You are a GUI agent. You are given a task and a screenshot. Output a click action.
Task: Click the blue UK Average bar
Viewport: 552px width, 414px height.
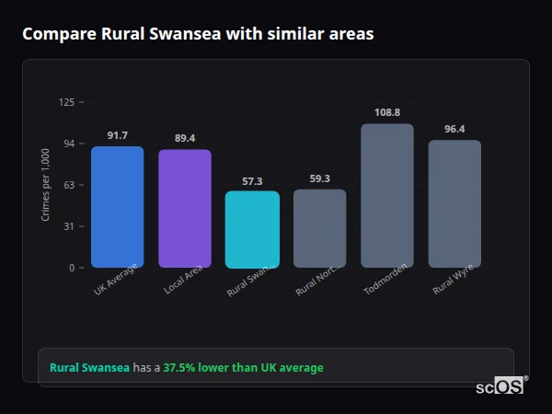[x=117, y=207]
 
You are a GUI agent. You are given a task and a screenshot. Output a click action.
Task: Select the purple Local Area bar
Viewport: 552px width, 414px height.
[x=184, y=209]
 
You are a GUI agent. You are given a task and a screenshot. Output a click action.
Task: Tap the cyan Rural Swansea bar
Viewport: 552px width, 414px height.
[x=252, y=229]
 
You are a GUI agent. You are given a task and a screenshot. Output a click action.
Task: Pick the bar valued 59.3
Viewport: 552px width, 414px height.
[x=319, y=228]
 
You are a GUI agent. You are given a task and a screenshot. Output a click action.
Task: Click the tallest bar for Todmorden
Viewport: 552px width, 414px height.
[x=386, y=195]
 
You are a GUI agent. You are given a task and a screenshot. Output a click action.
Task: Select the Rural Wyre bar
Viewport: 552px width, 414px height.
[x=454, y=203]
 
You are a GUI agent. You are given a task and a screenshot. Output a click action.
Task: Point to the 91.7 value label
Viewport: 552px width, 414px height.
[x=117, y=135]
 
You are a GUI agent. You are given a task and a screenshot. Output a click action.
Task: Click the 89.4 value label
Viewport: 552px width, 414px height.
[x=184, y=138]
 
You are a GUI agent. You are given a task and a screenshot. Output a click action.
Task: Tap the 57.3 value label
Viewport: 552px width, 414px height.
[x=252, y=180]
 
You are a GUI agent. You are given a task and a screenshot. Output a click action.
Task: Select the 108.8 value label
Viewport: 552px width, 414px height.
[x=386, y=112]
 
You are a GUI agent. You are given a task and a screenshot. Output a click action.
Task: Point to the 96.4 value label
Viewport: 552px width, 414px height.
[x=454, y=129]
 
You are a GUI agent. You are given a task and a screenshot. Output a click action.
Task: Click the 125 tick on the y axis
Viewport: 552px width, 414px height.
[x=66, y=102]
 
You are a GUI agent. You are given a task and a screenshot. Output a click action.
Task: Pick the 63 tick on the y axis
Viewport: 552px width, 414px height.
[x=69, y=185]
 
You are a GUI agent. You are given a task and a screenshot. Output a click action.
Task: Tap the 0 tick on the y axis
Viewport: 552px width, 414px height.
[x=72, y=268]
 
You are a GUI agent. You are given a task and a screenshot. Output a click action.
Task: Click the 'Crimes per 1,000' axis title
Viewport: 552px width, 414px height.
[x=46, y=184]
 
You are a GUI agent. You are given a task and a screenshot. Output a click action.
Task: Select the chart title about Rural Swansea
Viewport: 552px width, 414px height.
[x=198, y=34]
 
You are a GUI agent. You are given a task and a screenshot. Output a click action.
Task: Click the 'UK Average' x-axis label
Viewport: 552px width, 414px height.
[x=115, y=281]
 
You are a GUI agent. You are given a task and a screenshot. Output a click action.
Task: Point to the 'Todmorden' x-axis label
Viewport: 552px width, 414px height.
[x=385, y=281]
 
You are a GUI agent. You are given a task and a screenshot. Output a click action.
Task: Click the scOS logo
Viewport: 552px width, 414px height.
[x=500, y=386]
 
